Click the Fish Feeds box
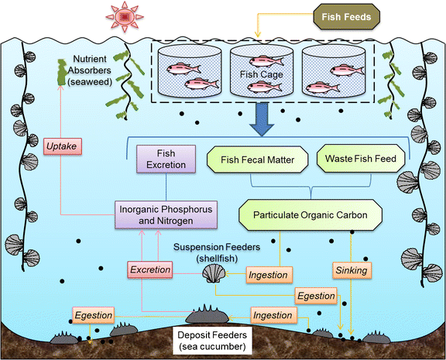tap(346, 17)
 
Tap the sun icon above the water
tap(125, 17)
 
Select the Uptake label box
tap(63, 146)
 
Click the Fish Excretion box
tap(166, 159)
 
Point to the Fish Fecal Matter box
tap(257, 159)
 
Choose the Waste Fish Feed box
tap(361, 159)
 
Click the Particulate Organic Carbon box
tap(310, 215)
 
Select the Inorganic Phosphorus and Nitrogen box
tap(166, 215)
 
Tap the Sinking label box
tap(352, 270)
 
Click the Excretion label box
tap(150, 269)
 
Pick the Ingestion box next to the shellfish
tap(268, 275)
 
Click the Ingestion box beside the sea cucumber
tap(273, 315)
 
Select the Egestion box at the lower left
tap(93, 315)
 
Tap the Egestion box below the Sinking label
tap(316, 296)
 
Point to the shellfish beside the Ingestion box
tap(214, 273)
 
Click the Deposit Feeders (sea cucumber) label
tap(212, 341)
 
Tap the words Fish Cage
tap(262, 74)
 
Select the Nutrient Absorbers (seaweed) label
tap(90, 70)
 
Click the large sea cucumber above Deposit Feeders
tap(207, 314)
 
